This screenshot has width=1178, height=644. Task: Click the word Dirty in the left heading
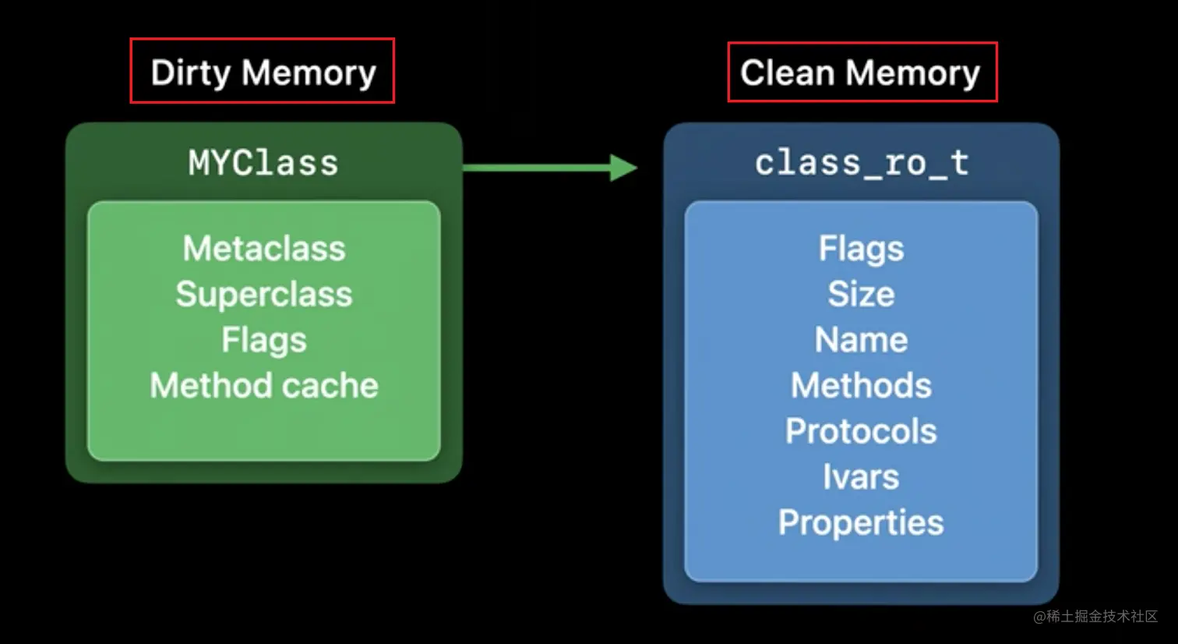pyautogui.click(x=191, y=73)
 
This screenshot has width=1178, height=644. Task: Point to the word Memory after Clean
pyautogui.click(x=913, y=73)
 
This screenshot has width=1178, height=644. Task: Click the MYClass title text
pyautogui.click(x=263, y=164)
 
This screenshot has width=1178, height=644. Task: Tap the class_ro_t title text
pyautogui.click(x=861, y=164)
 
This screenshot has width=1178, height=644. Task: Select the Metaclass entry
pyautogui.click(x=264, y=249)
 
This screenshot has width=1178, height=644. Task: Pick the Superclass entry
pyautogui.click(x=264, y=294)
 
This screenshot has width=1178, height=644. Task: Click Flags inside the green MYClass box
pyautogui.click(x=264, y=340)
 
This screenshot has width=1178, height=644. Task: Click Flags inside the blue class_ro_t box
pyautogui.click(x=861, y=249)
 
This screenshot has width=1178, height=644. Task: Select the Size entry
pyautogui.click(x=861, y=294)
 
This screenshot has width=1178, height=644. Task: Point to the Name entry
pyautogui.click(x=861, y=340)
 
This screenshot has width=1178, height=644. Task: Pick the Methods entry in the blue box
pyautogui.click(x=861, y=385)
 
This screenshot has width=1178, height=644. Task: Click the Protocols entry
pyautogui.click(x=861, y=431)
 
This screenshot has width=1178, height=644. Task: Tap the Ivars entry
pyautogui.click(x=861, y=476)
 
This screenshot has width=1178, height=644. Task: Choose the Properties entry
pyautogui.click(x=861, y=522)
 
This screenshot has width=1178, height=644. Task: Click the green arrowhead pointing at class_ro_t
pyautogui.click(x=623, y=167)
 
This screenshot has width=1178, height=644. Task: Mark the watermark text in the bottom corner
pyautogui.click(x=1095, y=617)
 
